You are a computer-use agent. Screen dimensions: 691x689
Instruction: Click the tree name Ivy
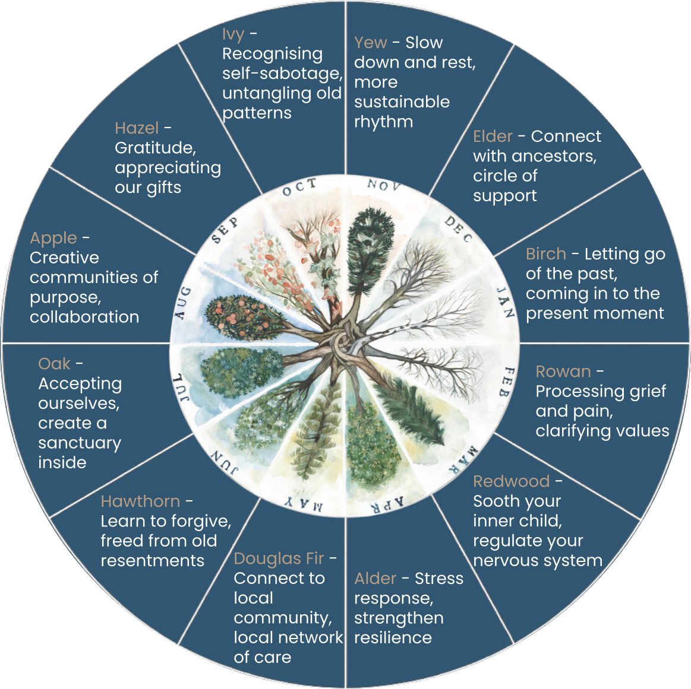pyautogui.click(x=233, y=35)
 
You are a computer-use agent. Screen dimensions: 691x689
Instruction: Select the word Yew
pyautogui.click(x=370, y=43)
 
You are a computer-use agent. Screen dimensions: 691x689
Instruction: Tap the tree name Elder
pyautogui.click(x=493, y=136)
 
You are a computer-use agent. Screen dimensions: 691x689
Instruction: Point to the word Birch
pyautogui.click(x=545, y=254)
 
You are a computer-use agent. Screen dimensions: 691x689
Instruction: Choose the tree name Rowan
pyautogui.click(x=563, y=372)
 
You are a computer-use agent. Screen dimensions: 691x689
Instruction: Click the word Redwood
pyautogui.click(x=511, y=481)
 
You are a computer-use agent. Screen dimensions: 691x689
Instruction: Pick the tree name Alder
pyautogui.click(x=375, y=579)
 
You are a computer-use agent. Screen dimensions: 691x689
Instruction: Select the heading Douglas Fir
pyautogui.click(x=279, y=558)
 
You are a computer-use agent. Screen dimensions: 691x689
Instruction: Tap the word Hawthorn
pyautogui.click(x=140, y=501)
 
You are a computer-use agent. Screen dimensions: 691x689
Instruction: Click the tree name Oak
pyautogui.click(x=54, y=364)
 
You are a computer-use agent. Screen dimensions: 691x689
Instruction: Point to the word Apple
pyautogui.click(x=53, y=238)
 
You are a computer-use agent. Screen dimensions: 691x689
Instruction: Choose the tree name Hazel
pyautogui.click(x=136, y=128)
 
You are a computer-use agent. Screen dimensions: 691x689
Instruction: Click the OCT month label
pyautogui.click(x=299, y=188)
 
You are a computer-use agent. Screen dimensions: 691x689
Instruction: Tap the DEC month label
pyautogui.click(x=459, y=230)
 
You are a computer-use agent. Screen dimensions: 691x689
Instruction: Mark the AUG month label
pyautogui.click(x=184, y=303)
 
